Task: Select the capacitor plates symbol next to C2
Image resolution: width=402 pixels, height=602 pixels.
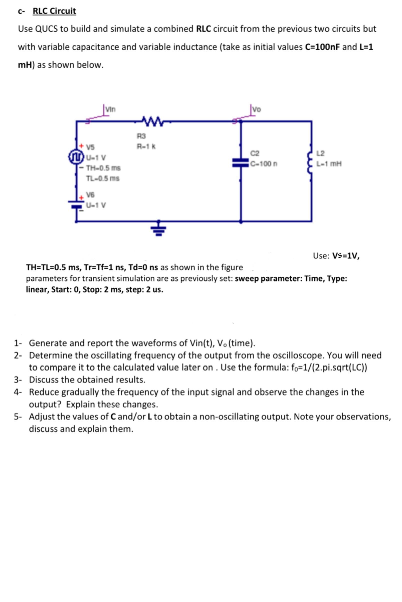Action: point(241,163)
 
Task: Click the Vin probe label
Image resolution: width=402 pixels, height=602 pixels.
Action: point(110,109)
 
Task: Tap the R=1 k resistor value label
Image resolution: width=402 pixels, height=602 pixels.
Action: point(146,147)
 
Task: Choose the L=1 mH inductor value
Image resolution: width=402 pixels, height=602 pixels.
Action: point(329,163)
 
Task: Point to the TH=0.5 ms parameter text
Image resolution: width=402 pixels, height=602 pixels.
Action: point(103,168)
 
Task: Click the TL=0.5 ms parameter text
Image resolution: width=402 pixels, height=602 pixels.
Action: point(103,178)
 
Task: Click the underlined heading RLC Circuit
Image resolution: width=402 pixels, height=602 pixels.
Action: point(54,11)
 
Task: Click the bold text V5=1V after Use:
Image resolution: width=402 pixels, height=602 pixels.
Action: point(346,256)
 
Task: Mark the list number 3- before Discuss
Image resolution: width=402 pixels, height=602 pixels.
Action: point(18,380)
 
